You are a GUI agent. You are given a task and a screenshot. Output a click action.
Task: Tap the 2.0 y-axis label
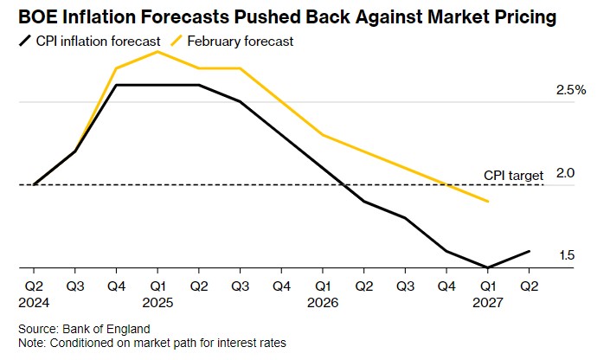pyautogui.click(x=566, y=173)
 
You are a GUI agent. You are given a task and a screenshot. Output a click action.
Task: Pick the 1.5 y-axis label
pyautogui.click(x=567, y=255)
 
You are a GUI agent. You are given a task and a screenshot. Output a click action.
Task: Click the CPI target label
pyautogui.click(x=513, y=176)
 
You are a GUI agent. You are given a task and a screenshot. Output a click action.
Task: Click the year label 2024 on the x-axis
pyautogui.click(x=34, y=304)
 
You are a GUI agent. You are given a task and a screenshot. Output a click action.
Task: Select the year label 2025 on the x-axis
pyautogui.click(x=158, y=304)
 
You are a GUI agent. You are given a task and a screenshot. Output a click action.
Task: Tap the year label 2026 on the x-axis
pyautogui.click(x=323, y=304)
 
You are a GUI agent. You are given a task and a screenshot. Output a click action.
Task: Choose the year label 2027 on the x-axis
pyautogui.click(x=488, y=304)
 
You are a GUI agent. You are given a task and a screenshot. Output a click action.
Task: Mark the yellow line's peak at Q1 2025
pyautogui.click(x=157, y=52)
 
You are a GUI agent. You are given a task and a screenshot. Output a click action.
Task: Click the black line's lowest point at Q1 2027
pyautogui.click(x=488, y=267)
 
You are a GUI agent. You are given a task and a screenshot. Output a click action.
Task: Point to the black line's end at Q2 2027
pyautogui.click(x=529, y=251)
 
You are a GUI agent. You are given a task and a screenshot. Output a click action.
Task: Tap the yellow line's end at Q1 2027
pyautogui.click(x=488, y=202)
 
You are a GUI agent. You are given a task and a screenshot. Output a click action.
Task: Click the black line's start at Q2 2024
pyautogui.click(x=34, y=184)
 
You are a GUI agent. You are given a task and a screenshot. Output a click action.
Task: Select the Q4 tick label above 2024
pyautogui.click(x=116, y=285)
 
